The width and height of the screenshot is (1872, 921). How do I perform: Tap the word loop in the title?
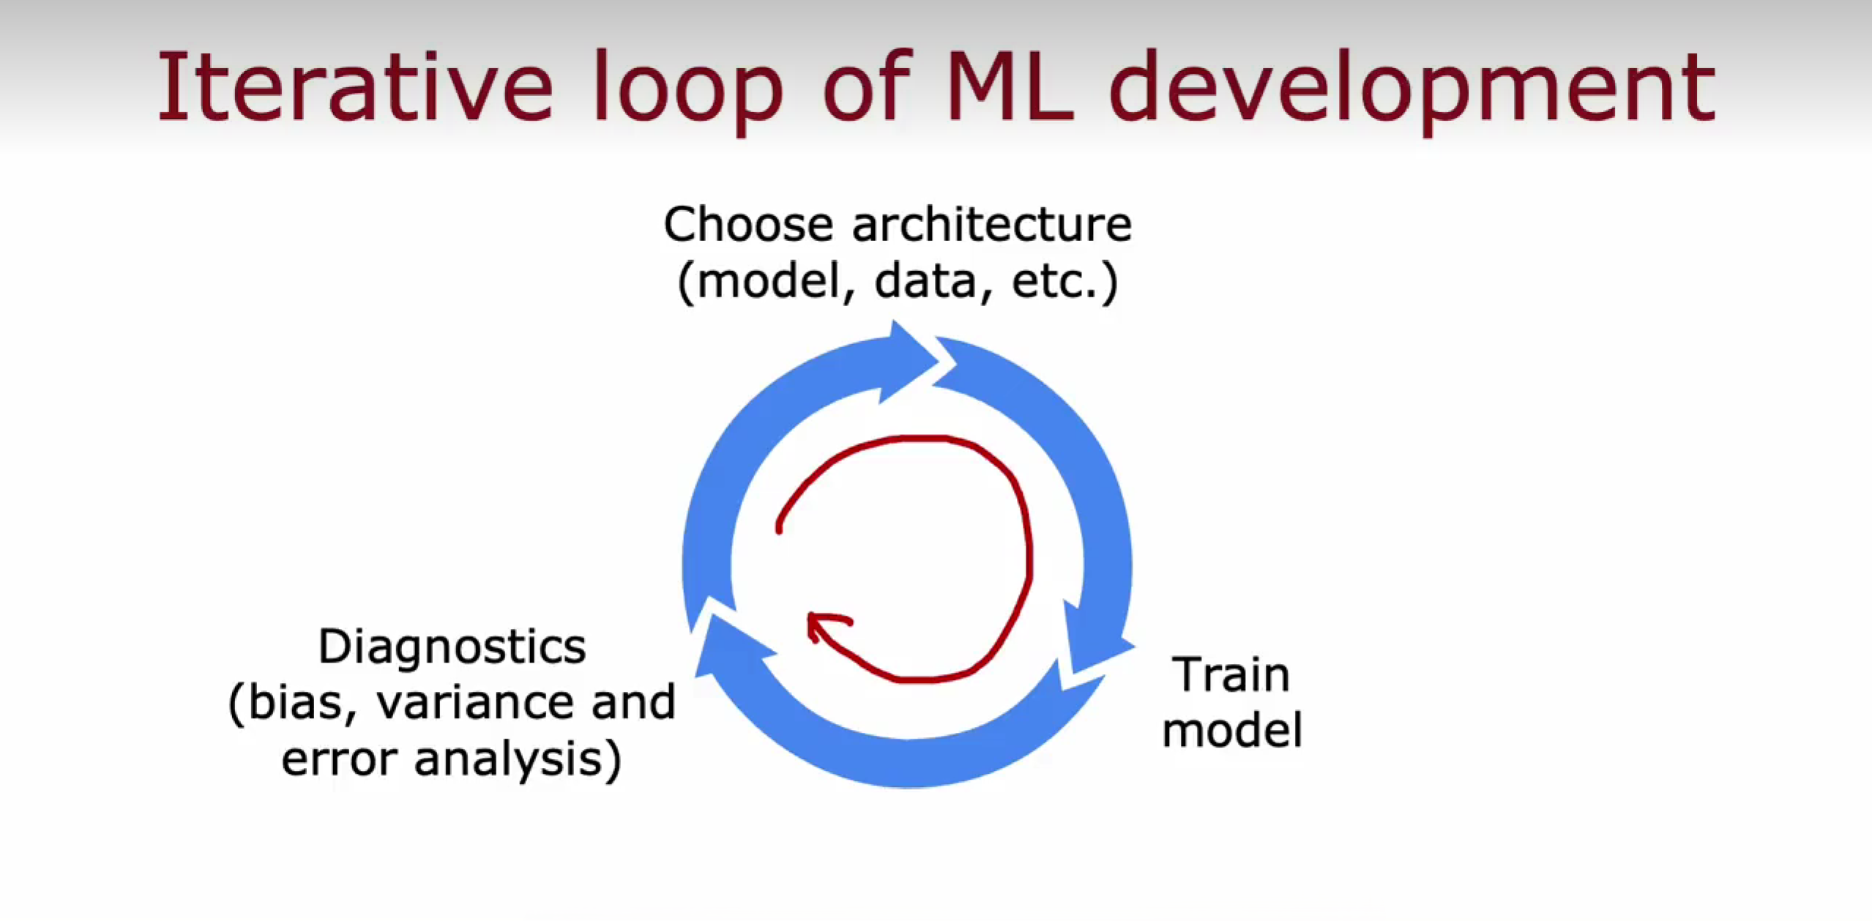coord(688,92)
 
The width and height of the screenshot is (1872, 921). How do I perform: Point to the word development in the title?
coord(1412,92)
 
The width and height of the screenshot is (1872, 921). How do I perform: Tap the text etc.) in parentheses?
coord(1065,281)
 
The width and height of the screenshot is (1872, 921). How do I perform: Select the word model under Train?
coord(1232,730)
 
